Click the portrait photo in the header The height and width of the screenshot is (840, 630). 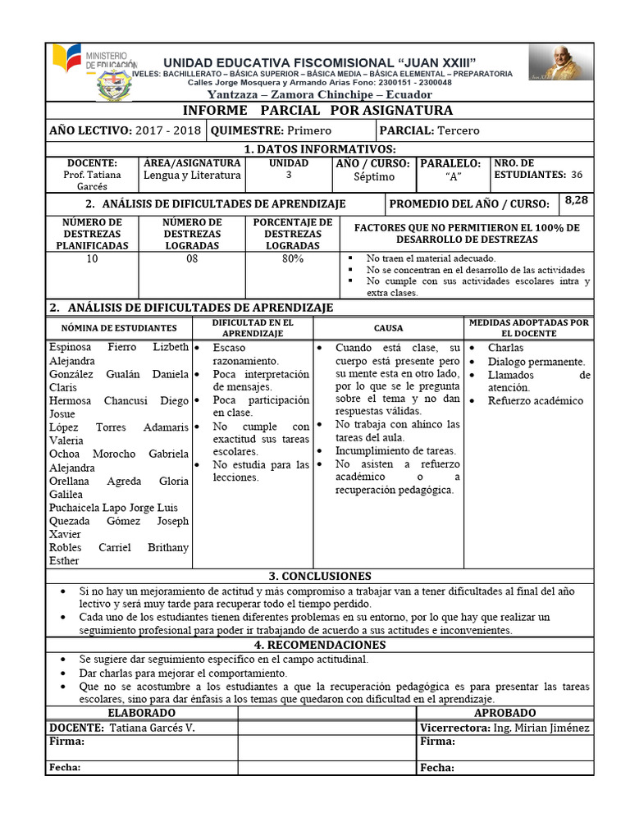click(x=558, y=63)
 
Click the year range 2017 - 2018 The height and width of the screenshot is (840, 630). click(x=170, y=130)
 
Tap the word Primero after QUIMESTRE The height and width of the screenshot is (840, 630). click(x=308, y=130)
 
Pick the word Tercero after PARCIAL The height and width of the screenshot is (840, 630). click(x=459, y=130)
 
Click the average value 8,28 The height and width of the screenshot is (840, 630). click(x=577, y=200)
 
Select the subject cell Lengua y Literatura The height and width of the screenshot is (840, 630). click(x=192, y=176)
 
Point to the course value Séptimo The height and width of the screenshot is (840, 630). click(x=374, y=176)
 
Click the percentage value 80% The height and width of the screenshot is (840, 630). click(x=292, y=259)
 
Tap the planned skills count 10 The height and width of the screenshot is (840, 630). click(x=92, y=259)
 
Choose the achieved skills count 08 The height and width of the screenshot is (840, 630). click(x=192, y=259)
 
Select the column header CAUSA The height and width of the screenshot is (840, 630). click(x=388, y=328)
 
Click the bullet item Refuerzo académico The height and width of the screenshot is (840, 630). click(x=536, y=401)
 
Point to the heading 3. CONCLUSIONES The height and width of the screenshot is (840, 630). click(x=319, y=576)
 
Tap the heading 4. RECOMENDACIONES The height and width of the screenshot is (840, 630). click(x=319, y=645)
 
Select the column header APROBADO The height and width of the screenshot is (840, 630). click(x=504, y=714)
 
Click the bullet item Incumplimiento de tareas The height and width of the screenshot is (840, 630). click(x=395, y=450)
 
